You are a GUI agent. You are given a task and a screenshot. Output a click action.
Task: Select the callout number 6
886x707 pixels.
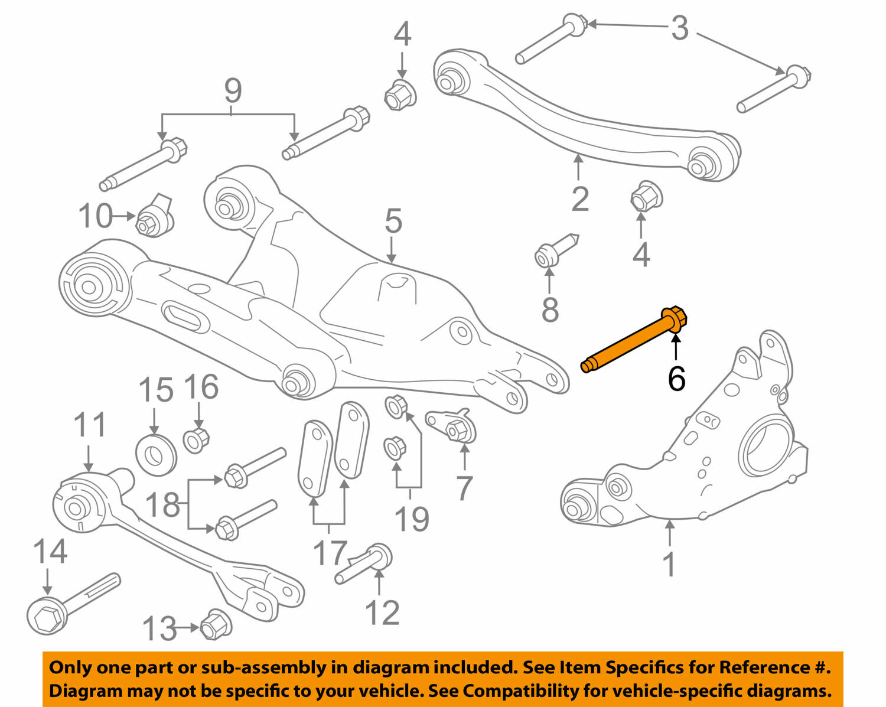point(676,379)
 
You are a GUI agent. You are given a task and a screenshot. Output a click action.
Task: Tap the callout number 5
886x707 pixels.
point(393,221)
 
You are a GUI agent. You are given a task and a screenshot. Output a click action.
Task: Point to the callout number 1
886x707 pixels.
point(669,564)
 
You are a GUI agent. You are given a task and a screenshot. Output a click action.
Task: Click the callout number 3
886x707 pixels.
point(679,28)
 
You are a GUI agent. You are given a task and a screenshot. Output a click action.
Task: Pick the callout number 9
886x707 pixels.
point(233,91)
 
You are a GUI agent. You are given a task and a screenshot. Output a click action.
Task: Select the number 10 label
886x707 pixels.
point(95,216)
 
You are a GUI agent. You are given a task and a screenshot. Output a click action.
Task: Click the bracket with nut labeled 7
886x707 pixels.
point(452,426)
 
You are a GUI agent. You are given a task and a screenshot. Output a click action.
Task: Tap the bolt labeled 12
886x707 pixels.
point(366,563)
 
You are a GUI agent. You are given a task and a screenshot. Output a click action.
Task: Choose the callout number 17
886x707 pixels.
point(328,553)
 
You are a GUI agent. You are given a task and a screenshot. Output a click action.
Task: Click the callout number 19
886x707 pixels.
point(411,519)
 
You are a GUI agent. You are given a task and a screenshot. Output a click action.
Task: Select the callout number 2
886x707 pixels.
point(579,199)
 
